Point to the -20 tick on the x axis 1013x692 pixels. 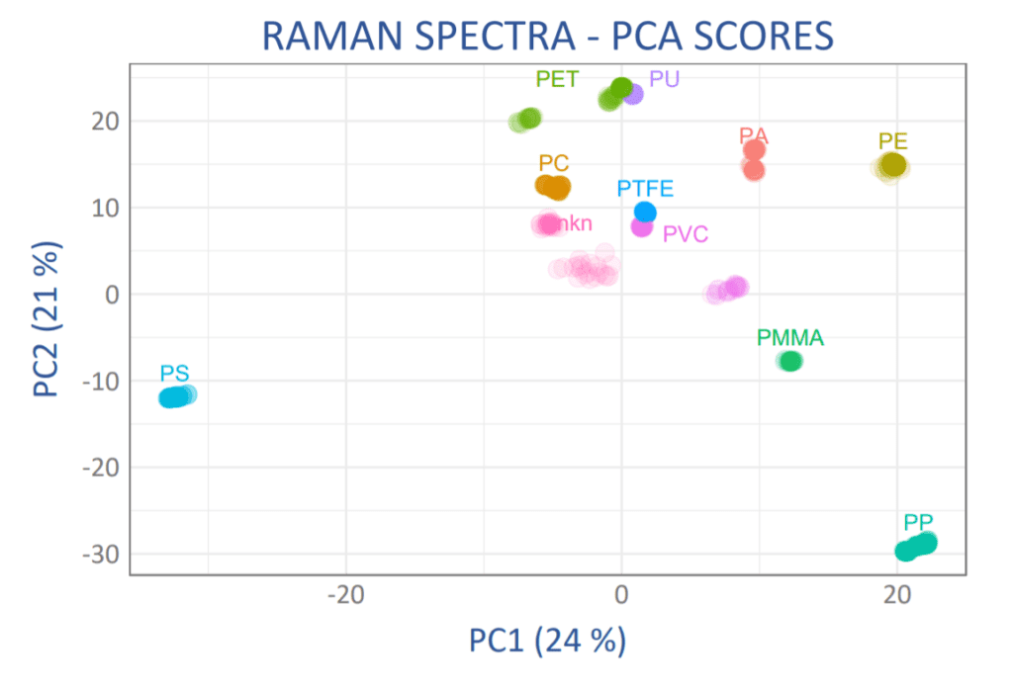345,596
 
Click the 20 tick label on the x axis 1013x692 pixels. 896,596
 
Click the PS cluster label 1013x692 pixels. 175,374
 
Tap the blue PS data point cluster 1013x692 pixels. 176,397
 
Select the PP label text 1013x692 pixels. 918,522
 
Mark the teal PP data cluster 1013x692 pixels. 915,547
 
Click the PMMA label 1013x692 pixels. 789,338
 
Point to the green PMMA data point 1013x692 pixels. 789,362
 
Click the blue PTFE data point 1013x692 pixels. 645,213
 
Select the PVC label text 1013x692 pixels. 686,234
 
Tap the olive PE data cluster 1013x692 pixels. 892,165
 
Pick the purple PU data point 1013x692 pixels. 633,94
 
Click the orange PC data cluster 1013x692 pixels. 553,187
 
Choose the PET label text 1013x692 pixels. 557,79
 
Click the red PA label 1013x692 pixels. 754,135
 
